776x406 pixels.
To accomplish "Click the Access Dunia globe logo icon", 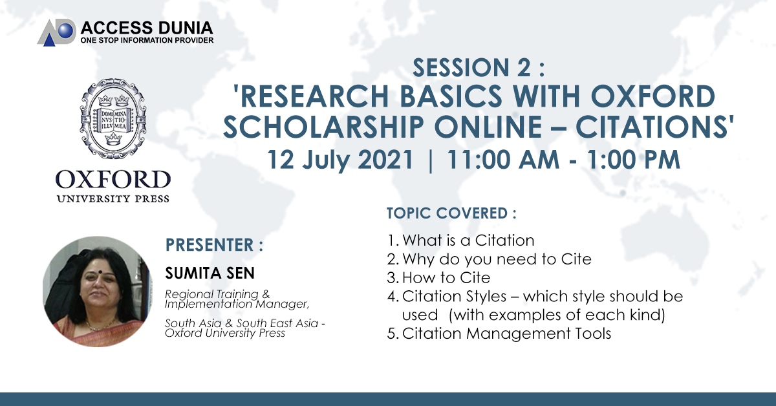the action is click(57, 32).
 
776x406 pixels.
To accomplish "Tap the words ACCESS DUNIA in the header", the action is click(147, 28).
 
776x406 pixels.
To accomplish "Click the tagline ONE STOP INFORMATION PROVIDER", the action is click(147, 40).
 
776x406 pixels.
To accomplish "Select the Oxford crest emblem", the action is click(113, 118).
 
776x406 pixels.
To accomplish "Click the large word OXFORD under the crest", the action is click(113, 180).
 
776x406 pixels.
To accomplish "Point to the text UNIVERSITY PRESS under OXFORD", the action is click(113, 199).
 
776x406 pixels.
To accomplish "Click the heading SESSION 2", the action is click(479, 67).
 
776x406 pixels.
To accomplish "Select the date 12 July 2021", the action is click(340, 160).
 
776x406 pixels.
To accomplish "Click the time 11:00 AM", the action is click(503, 160).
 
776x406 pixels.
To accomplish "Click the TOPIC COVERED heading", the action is click(451, 213).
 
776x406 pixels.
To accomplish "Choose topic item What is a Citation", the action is click(460, 240).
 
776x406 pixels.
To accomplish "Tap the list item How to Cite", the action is click(438, 277).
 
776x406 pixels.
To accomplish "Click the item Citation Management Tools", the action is click(499, 333).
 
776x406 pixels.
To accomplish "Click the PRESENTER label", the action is click(214, 245).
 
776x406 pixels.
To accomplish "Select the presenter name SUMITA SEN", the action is click(210, 273).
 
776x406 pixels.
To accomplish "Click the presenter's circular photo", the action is click(98, 292).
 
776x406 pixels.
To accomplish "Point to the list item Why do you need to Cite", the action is click(489, 259).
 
